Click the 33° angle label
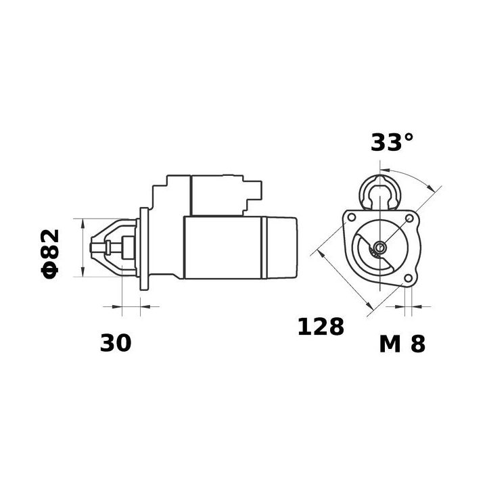392,143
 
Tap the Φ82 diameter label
51,253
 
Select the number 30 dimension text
116,343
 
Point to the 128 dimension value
321,327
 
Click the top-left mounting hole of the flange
351,217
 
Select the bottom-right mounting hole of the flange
407,279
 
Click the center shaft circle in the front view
379,247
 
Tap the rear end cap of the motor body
283,247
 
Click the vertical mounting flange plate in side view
144,249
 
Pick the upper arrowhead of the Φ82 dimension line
83,223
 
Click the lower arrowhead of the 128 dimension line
369,310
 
